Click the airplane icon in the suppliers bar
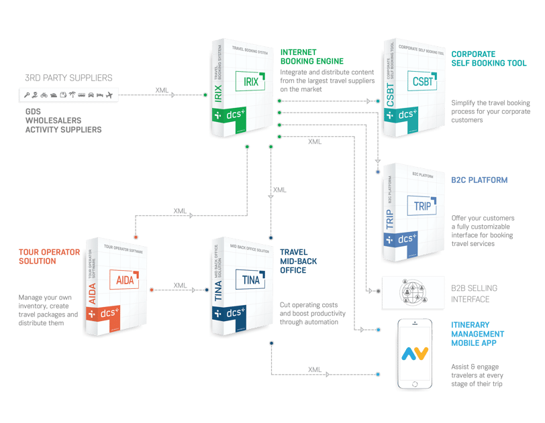point(109,95)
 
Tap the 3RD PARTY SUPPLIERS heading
point(68,78)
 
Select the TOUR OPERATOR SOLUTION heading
point(49,257)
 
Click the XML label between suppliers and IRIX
point(162,89)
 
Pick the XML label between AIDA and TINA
point(180,285)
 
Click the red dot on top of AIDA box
point(136,237)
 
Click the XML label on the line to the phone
point(313,369)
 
